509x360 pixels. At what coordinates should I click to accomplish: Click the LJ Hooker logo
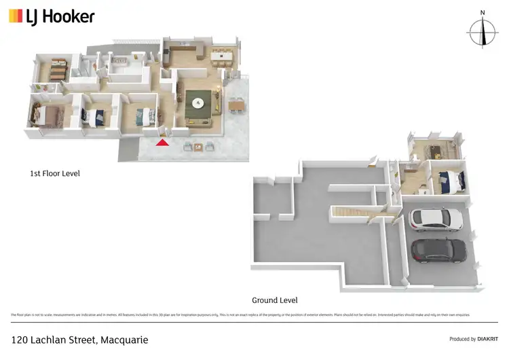pos(52,16)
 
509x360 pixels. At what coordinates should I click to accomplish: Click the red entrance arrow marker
pos(162,141)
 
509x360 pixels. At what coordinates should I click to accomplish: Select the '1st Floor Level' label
pos(55,174)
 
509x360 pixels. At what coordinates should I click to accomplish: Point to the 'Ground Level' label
pos(275,300)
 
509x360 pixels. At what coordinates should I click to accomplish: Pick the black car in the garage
pos(438,251)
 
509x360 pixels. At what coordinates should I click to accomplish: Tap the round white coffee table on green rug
pos(198,103)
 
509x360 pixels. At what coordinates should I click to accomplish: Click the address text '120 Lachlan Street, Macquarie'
pos(79,339)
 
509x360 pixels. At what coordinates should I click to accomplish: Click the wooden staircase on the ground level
pos(350,213)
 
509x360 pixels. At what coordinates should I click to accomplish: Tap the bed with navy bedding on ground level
pos(450,181)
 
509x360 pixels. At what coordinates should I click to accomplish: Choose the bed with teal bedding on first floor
pos(144,117)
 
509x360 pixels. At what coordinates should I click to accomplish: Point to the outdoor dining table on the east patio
pos(235,105)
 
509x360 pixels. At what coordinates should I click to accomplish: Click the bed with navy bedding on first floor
pos(94,117)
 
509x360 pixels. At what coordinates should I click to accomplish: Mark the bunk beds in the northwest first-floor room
pos(56,69)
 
